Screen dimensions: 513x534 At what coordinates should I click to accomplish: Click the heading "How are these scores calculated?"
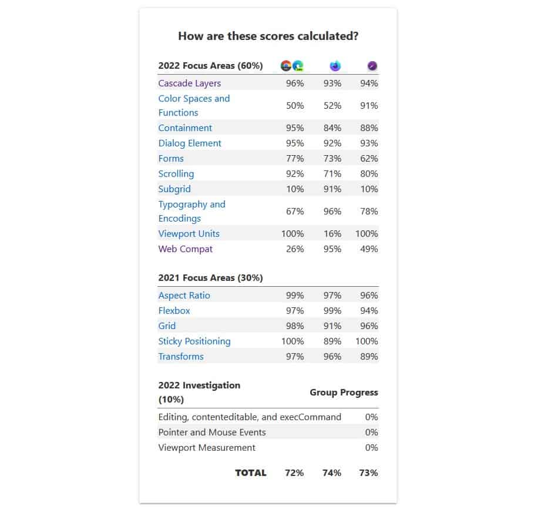pos(268,36)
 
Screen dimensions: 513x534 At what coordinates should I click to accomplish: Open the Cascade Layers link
pos(189,83)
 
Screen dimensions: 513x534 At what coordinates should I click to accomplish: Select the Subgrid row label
pos(174,189)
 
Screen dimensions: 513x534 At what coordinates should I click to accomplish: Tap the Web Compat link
pos(185,249)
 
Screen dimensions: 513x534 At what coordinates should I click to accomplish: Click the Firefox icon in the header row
pos(335,66)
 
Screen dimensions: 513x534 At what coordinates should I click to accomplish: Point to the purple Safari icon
pos(372,66)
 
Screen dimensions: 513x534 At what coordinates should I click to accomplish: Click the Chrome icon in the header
pos(286,66)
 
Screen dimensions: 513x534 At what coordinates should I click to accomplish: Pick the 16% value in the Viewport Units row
pos(332,234)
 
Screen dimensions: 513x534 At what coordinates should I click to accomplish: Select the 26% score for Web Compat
pos(295,249)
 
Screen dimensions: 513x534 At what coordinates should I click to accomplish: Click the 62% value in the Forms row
pos(370,159)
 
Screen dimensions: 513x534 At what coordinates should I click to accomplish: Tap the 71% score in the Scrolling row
pos(332,174)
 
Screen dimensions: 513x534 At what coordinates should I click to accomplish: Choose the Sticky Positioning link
pos(194,341)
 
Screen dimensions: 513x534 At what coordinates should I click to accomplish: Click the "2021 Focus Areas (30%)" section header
pos(210,277)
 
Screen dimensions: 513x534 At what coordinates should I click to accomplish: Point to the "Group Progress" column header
pos(344,393)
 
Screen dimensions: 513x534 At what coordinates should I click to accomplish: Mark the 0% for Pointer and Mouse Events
pos(371,432)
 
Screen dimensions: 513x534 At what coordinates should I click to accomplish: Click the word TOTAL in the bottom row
pos(251,473)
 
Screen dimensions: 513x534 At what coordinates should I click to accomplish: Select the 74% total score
pos(332,473)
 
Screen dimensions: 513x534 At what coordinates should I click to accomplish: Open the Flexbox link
pos(174,311)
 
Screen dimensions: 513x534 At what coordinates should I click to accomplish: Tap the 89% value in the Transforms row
pos(370,357)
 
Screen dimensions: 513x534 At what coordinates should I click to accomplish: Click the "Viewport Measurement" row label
pos(207,448)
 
